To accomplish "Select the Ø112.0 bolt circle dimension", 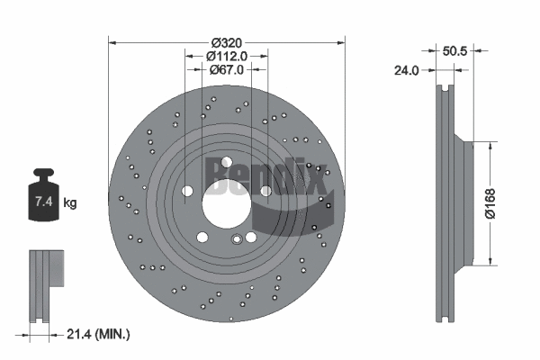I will pyautogui.click(x=227, y=56).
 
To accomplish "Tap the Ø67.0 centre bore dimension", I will pyautogui.click(x=227, y=69).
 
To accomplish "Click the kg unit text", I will pyautogui.click(x=70, y=203).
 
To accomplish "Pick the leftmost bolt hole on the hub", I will pyautogui.click(x=186, y=191).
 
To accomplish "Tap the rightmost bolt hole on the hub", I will pyautogui.click(x=266, y=191).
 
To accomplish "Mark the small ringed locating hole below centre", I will pyautogui.click(x=237, y=238).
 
